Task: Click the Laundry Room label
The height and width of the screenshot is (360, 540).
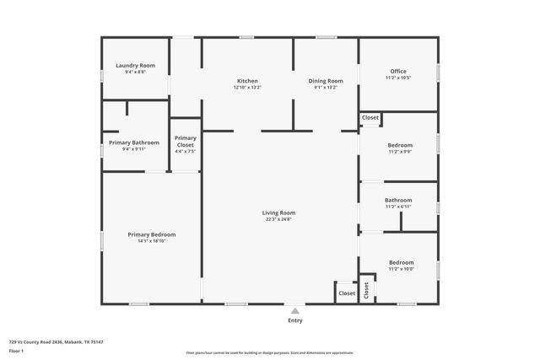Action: click(135, 66)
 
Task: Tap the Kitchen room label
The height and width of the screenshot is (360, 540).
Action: click(247, 81)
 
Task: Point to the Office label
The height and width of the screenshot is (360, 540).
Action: click(398, 71)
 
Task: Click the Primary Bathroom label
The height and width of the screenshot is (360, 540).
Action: click(134, 142)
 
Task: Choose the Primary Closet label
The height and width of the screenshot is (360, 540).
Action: click(185, 142)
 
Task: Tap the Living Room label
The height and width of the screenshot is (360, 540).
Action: click(278, 213)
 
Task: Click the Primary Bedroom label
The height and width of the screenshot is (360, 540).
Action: click(152, 234)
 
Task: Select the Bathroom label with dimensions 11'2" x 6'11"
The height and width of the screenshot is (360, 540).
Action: click(398, 201)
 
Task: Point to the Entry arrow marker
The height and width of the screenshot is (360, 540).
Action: click(294, 310)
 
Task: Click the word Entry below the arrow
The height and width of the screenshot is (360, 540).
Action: click(294, 320)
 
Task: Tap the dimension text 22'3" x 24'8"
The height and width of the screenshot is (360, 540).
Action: click(278, 220)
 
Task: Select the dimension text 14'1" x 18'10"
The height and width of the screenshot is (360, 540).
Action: click(152, 241)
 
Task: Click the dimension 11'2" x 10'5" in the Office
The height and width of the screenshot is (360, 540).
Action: click(398, 78)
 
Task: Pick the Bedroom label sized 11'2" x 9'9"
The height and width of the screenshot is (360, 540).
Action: click(400, 145)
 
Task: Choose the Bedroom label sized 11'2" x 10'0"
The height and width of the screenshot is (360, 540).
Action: click(401, 262)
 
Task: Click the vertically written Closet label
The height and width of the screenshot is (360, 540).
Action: click(367, 290)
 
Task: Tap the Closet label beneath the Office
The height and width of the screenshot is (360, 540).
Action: click(370, 118)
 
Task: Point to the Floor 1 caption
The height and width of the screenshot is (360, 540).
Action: click(17, 349)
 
